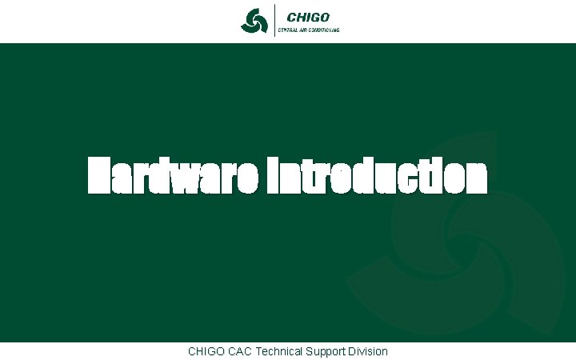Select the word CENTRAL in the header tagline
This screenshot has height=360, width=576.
(287, 30)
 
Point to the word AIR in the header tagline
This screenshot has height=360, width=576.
(304, 30)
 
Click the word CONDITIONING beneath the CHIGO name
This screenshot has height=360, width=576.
(325, 30)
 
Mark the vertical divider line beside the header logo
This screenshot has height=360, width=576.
(272, 21)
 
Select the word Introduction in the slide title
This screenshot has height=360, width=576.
(376, 176)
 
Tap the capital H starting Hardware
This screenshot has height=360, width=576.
(100, 176)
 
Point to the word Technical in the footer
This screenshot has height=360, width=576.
(279, 351)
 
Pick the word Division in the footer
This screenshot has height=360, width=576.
(369, 351)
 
